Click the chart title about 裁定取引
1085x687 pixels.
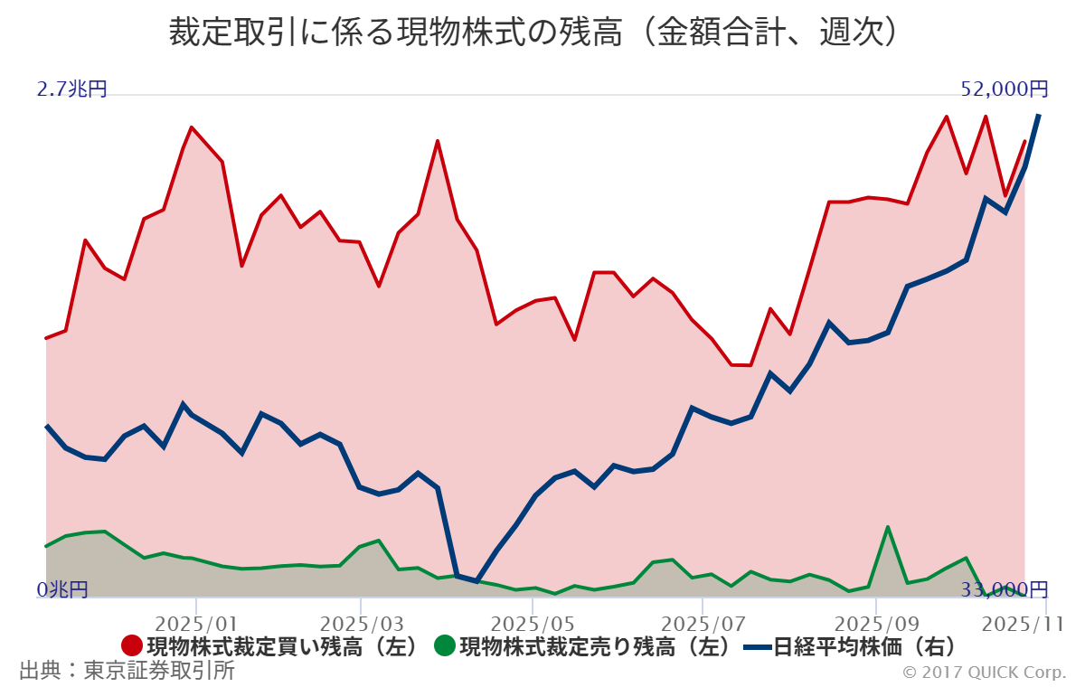(x=537, y=33)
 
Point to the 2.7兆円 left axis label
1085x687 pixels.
(x=72, y=89)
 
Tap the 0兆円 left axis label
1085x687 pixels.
(x=62, y=590)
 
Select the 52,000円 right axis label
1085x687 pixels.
(x=1005, y=89)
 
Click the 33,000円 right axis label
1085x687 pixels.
(x=1005, y=590)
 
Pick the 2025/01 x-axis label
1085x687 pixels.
(x=196, y=624)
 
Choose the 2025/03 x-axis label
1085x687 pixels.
(x=361, y=624)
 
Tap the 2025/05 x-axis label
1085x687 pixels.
(x=534, y=624)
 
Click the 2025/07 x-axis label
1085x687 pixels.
(x=702, y=624)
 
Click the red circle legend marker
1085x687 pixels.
(x=132, y=646)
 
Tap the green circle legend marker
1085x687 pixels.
(x=444, y=646)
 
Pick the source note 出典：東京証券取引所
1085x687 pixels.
(x=127, y=671)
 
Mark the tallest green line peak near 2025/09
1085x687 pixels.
(x=888, y=527)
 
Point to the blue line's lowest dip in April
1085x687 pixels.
(x=476, y=581)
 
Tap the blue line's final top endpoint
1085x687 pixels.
(x=1039, y=116)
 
